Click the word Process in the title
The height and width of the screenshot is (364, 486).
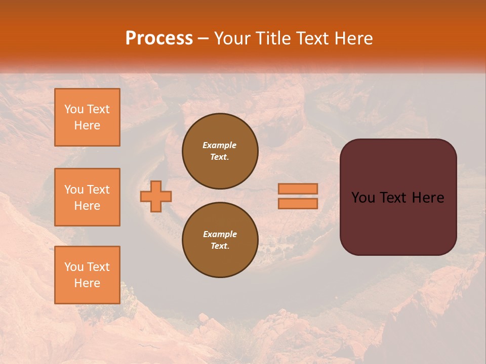coord(159,38)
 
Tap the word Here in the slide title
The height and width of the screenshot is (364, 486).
coord(352,38)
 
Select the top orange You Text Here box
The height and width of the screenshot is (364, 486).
coord(87,117)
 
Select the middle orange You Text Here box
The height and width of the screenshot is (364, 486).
coord(87,197)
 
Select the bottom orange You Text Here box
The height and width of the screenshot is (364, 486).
coord(87,275)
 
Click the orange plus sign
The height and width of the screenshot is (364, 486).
coord(156,197)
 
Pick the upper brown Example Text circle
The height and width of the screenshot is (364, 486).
coord(220,151)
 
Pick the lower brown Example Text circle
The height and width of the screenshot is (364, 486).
coord(220,240)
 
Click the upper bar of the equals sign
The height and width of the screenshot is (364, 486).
coord(298,189)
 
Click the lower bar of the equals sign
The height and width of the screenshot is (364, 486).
coord(298,204)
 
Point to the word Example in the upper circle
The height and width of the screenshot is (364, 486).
coord(219,145)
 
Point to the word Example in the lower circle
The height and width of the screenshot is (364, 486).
coord(220,234)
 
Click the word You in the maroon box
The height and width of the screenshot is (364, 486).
coord(362,198)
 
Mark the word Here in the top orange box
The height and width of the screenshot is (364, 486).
coord(87,125)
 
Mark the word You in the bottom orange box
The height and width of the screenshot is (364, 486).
coord(74,266)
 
